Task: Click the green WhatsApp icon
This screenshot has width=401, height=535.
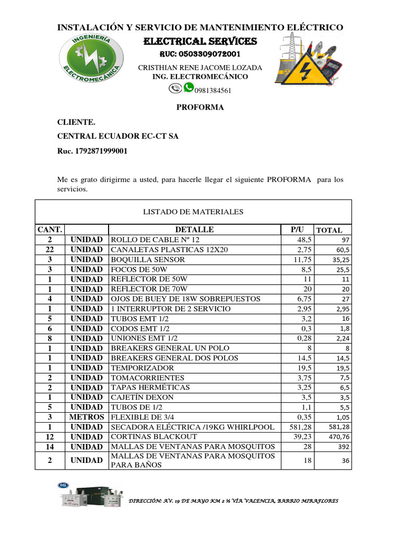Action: point(188,87)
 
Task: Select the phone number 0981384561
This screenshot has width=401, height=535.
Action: point(213,90)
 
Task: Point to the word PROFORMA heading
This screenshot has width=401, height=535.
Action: point(200,107)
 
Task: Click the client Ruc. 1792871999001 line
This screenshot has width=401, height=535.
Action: point(92,151)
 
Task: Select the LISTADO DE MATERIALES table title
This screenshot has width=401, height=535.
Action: point(193,212)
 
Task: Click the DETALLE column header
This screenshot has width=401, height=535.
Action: point(194,229)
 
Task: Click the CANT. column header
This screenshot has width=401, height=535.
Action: point(50,229)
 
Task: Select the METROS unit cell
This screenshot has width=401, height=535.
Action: point(87,417)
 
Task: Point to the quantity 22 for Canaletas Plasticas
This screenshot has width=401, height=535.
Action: point(50,249)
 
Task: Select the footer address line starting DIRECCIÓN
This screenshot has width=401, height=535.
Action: point(233,501)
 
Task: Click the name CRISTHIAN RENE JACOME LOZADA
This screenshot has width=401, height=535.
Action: point(200,68)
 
